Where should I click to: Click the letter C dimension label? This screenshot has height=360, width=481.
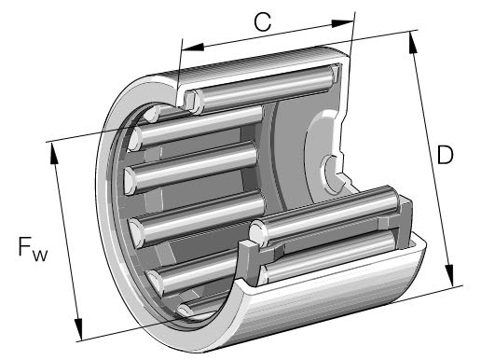[264, 23]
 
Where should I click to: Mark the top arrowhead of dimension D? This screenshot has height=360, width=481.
[411, 36]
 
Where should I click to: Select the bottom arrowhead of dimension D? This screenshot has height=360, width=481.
[453, 279]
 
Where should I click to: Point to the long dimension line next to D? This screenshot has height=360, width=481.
[432, 159]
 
